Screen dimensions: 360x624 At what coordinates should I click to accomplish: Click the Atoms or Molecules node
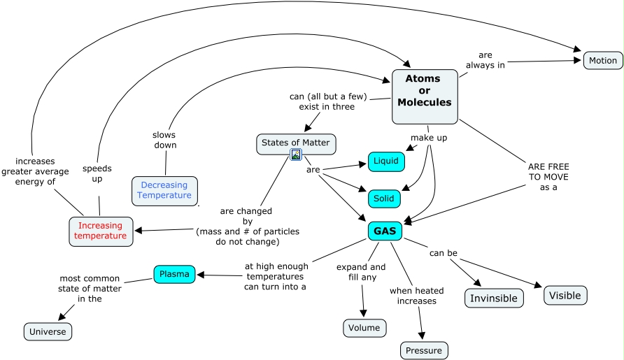tap(425, 91)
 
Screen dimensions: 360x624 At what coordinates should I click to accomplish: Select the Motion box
tap(602, 60)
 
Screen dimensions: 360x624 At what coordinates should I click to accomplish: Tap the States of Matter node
tap(295, 143)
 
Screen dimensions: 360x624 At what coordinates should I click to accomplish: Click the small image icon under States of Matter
tap(296, 154)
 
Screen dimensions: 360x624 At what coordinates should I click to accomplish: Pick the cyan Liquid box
tap(386, 161)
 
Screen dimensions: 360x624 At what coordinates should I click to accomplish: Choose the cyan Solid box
tap(383, 199)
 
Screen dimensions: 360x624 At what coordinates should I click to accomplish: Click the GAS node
tap(384, 231)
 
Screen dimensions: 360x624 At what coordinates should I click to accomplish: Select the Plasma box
tap(174, 274)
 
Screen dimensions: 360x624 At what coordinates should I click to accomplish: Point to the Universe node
tap(48, 331)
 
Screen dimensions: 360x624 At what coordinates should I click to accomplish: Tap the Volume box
tap(364, 327)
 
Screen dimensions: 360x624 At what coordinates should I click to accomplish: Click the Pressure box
tap(424, 350)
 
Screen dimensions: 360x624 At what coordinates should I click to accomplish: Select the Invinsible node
tap(494, 298)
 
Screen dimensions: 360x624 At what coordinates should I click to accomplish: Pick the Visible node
tap(565, 295)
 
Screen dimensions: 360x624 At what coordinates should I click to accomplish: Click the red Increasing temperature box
tap(100, 231)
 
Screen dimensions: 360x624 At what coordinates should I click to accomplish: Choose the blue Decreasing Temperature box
tap(164, 190)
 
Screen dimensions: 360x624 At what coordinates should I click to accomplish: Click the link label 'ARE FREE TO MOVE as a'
tap(548, 177)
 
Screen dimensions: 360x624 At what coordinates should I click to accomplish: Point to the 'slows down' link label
tap(164, 140)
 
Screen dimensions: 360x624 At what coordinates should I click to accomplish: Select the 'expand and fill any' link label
tap(361, 272)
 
